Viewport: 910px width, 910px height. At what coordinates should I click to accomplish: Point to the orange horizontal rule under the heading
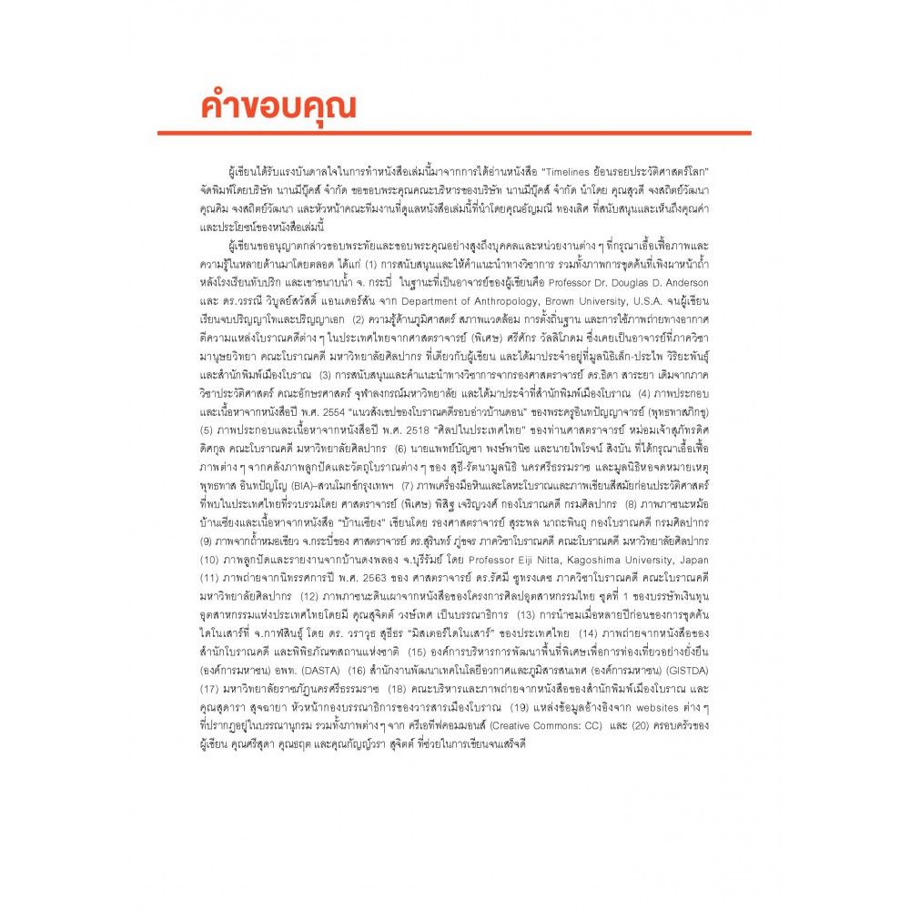[x=454, y=134]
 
